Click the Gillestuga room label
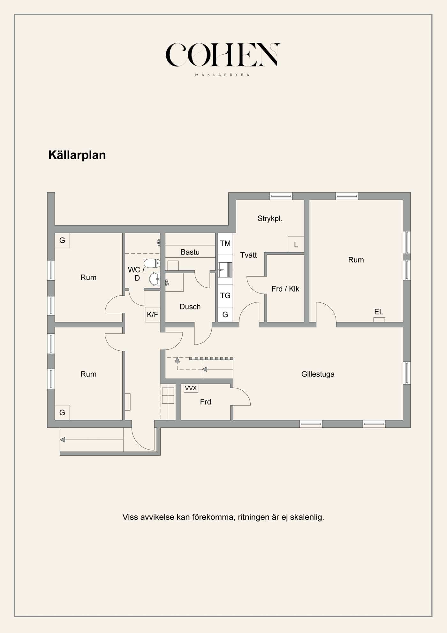pyautogui.click(x=318, y=374)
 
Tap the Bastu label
pyautogui.click(x=190, y=252)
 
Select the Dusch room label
pyautogui.click(x=190, y=307)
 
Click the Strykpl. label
pyautogui.click(x=270, y=219)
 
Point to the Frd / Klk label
pyautogui.click(x=285, y=289)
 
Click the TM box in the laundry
pyautogui.click(x=225, y=244)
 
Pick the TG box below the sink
pyautogui.click(x=225, y=295)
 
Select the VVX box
pyautogui.click(x=191, y=388)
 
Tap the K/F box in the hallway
pyautogui.click(x=152, y=315)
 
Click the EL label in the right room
pyautogui.click(x=379, y=312)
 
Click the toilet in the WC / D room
pyautogui.click(x=152, y=263)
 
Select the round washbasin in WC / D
pyautogui.click(x=155, y=279)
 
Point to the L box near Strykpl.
pyautogui.click(x=296, y=245)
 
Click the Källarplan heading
pyautogui.click(x=77, y=155)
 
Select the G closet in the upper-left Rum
pyautogui.click(x=62, y=240)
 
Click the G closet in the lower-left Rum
pyautogui.click(x=62, y=413)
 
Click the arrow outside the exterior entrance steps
pyautogui.click(x=63, y=440)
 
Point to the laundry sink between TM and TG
pyautogui.click(x=225, y=270)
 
